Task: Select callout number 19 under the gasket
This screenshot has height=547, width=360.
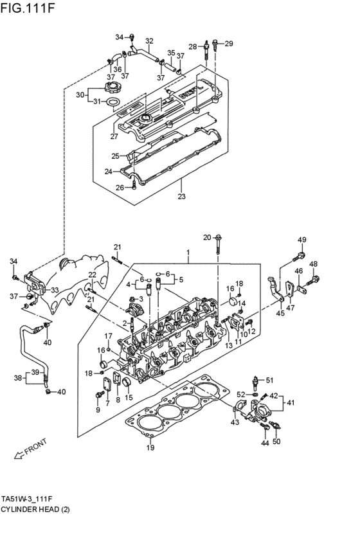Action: click(x=150, y=448)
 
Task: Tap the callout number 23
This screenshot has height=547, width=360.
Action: click(x=181, y=197)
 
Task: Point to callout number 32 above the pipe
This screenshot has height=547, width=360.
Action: click(x=149, y=41)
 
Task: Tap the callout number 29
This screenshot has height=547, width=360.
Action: click(x=229, y=44)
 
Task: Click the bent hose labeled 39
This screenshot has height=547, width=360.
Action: click(x=26, y=350)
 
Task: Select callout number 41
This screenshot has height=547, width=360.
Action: click(x=291, y=403)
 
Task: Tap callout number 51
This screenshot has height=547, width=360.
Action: click(x=270, y=380)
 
